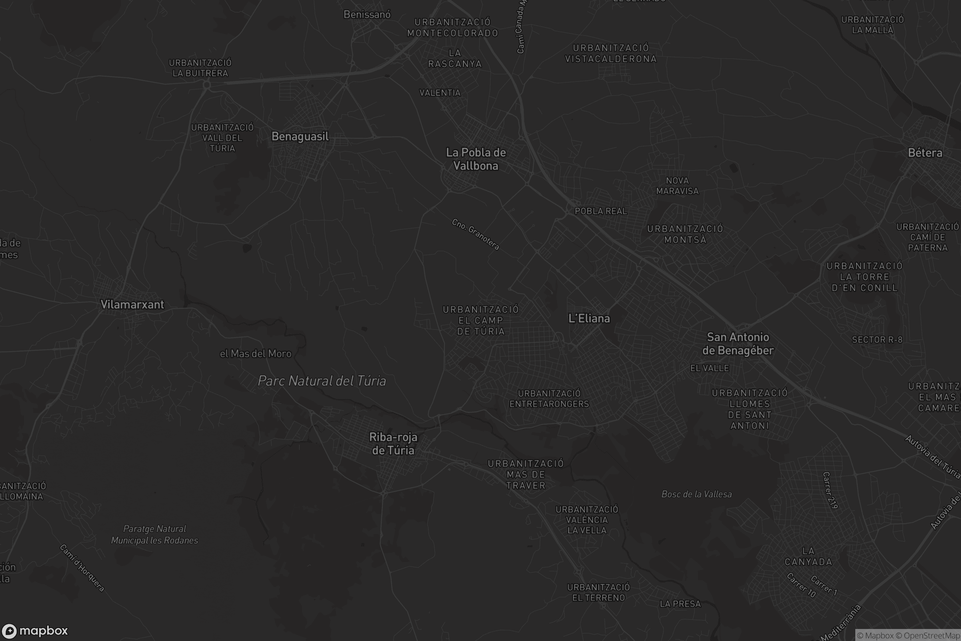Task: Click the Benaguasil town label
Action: tap(300, 137)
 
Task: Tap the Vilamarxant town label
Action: tap(132, 304)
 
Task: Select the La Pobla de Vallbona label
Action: tap(476, 159)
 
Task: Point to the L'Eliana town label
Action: tap(589, 318)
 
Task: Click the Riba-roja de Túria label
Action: tap(393, 443)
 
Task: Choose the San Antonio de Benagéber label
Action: tap(738, 344)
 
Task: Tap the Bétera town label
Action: tap(925, 153)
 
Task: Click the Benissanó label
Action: tap(367, 15)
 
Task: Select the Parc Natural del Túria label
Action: tap(322, 381)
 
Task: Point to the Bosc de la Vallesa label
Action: tap(696, 494)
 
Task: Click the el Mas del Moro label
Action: tap(256, 354)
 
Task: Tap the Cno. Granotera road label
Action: tap(476, 234)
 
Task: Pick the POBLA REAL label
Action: tap(601, 212)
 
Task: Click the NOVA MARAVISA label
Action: tap(678, 185)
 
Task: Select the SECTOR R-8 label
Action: tap(877, 340)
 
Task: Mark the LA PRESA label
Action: tap(680, 604)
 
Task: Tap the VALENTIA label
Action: tap(440, 93)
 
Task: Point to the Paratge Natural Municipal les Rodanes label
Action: tap(155, 535)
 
